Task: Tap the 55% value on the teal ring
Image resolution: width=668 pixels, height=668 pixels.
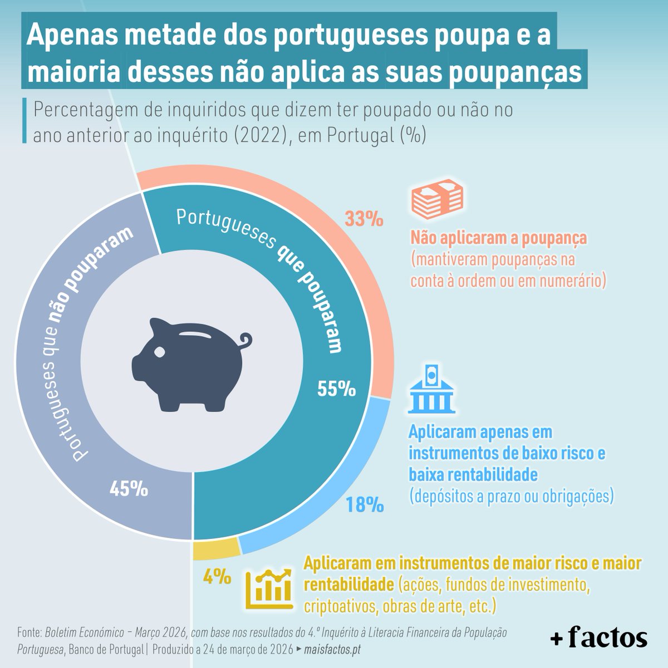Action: pos(336,389)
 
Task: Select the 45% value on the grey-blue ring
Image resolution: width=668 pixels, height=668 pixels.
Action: pos(129,489)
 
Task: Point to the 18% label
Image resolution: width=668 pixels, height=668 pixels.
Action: pos(364,505)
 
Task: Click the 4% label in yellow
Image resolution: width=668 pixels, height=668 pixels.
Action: pos(217,576)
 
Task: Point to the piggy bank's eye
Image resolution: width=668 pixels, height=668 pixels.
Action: pos(160,352)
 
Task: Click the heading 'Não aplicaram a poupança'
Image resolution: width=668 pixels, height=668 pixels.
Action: pos(499,238)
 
